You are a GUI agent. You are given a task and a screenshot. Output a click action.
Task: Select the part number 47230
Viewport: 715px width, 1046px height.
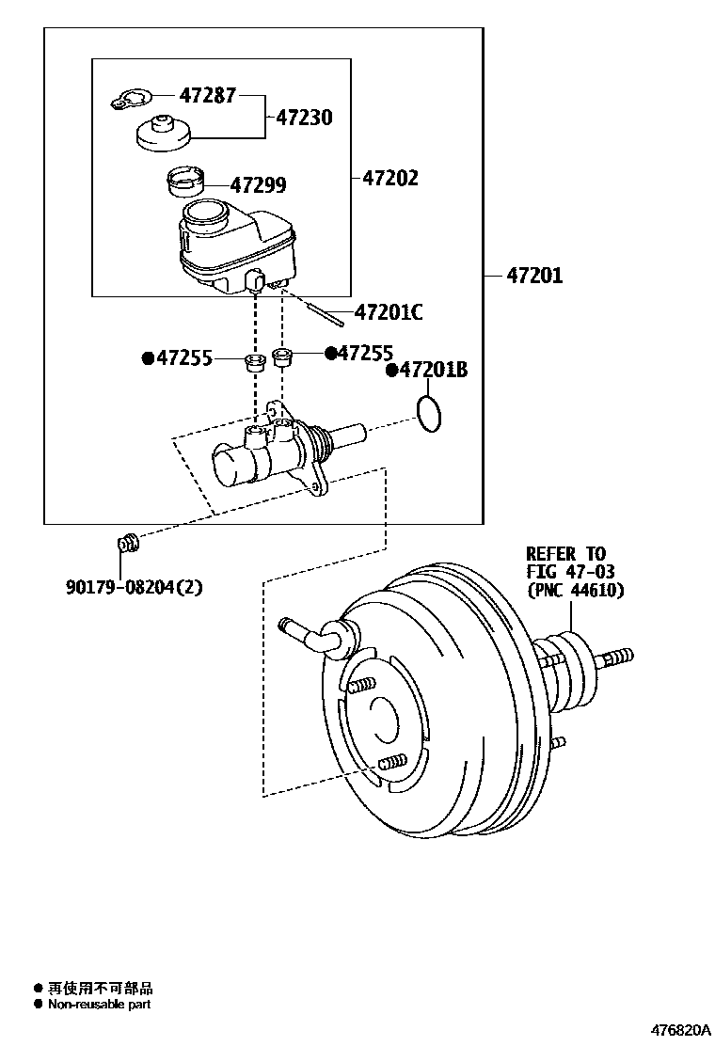click(304, 119)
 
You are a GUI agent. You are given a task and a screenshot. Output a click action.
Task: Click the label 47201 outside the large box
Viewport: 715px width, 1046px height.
click(534, 276)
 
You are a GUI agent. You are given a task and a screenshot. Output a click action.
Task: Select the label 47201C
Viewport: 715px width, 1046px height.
click(389, 312)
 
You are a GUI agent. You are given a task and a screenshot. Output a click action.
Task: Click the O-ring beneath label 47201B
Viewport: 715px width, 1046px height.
click(428, 413)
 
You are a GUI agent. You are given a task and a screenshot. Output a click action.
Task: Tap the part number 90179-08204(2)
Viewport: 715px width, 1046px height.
click(135, 587)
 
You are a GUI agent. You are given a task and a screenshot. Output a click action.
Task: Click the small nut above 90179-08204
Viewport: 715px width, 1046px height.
click(127, 543)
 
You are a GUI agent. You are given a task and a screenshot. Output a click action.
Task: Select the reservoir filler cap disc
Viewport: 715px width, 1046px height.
click(164, 134)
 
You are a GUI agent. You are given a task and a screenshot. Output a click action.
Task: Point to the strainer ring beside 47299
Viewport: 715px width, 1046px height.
click(184, 180)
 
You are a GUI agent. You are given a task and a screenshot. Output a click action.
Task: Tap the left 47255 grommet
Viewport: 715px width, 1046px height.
click(253, 361)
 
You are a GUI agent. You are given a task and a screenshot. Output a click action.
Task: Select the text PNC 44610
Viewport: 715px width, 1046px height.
click(575, 591)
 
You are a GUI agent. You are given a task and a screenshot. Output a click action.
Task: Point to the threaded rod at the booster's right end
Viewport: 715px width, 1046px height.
click(612, 657)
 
